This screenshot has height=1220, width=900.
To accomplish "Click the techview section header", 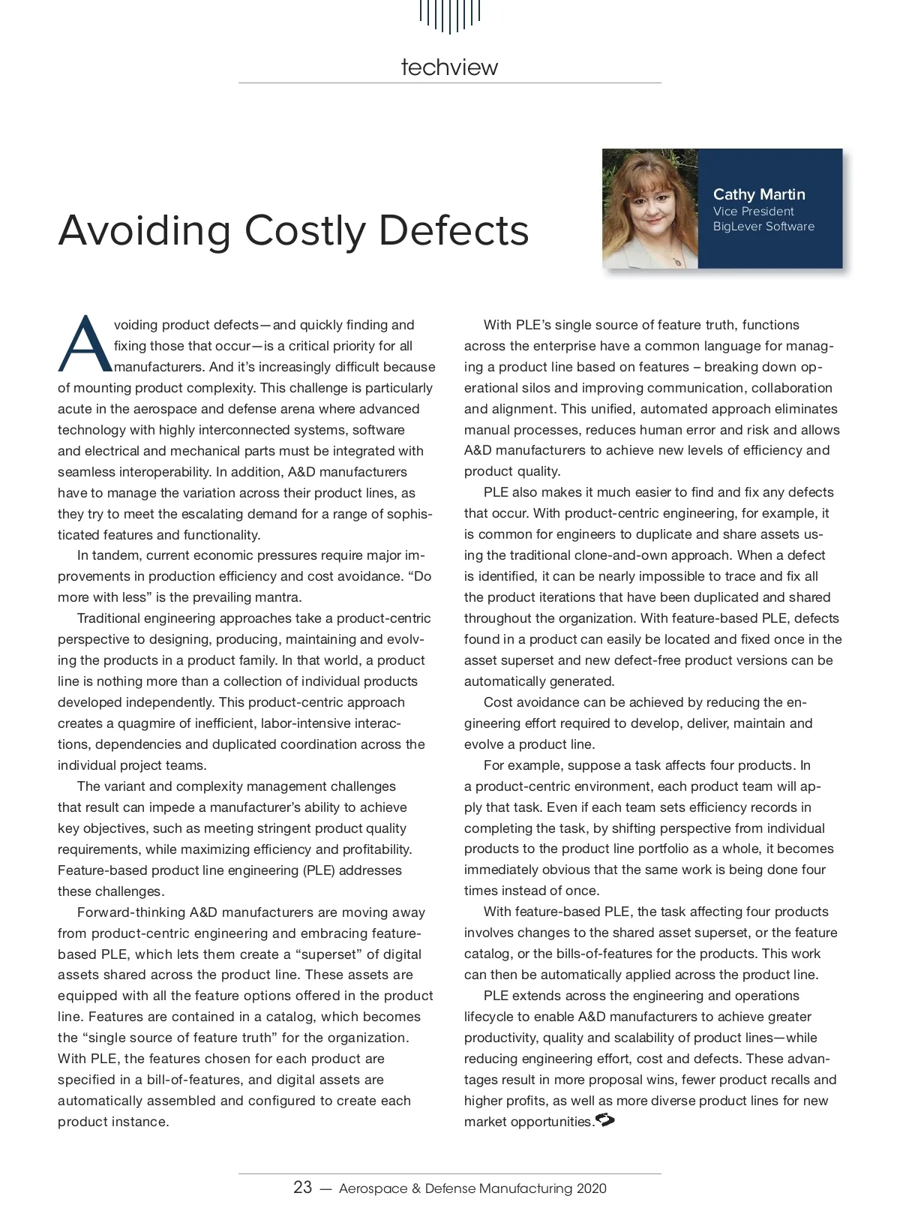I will (449, 68).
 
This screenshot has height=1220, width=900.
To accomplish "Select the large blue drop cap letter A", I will (84, 345).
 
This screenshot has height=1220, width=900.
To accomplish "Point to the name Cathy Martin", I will (758, 195).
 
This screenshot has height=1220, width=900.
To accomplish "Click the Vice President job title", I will (753, 212).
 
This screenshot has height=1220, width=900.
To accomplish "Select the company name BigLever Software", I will (763, 227).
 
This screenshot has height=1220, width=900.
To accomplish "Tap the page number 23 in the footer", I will (302, 1188).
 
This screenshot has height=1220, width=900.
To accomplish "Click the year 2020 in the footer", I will (592, 1189).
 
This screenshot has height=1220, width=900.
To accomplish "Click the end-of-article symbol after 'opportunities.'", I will (604, 1121).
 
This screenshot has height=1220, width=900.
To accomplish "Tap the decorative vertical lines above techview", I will (449, 15).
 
